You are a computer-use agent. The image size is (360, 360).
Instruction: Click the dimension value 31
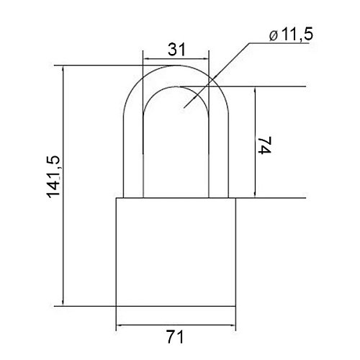click(x=176, y=50)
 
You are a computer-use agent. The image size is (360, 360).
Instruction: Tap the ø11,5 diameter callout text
click(x=291, y=35)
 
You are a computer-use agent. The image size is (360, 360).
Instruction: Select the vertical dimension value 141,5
click(x=53, y=177)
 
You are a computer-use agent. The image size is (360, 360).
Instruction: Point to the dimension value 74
click(x=264, y=145)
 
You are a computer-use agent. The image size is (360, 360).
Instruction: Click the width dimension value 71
click(x=175, y=337)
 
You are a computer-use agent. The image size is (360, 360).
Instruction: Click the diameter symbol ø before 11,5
click(x=274, y=36)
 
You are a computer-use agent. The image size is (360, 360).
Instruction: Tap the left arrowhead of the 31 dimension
click(x=146, y=58)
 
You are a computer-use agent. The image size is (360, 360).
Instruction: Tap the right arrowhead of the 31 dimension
click(x=205, y=58)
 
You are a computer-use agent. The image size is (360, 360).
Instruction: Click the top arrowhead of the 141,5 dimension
click(x=63, y=69)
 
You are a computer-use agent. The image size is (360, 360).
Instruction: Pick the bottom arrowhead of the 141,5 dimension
click(x=63, y=302)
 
